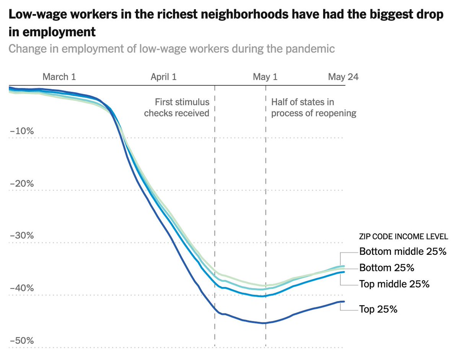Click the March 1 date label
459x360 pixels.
59,77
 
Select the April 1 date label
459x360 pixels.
163,77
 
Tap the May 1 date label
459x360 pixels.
265,77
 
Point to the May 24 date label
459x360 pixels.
343,77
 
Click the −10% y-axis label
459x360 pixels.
21,131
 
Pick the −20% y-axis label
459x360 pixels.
21,184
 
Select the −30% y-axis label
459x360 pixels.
21,236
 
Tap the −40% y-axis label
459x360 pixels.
21,288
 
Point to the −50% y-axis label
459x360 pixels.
21,341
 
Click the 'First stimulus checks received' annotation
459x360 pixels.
177,108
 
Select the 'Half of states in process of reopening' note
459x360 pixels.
314,108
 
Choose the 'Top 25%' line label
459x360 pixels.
378,310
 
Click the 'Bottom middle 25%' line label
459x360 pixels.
403,252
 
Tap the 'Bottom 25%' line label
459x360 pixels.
387,268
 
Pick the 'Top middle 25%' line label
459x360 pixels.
394,284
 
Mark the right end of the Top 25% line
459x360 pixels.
344,301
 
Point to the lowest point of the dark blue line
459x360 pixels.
264,323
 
